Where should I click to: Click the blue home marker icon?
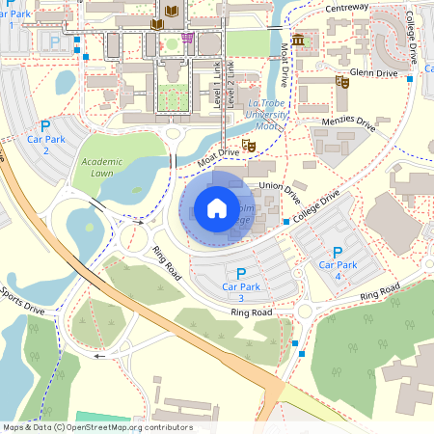click(217, 208)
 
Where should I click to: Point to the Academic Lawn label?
click(104, 167)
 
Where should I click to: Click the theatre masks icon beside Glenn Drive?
click(341, 83)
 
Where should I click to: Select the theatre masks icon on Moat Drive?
click(249, 146)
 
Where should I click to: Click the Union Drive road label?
click(281, 190)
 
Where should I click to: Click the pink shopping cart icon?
click(186, 39)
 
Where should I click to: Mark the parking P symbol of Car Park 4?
click(338, 252)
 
